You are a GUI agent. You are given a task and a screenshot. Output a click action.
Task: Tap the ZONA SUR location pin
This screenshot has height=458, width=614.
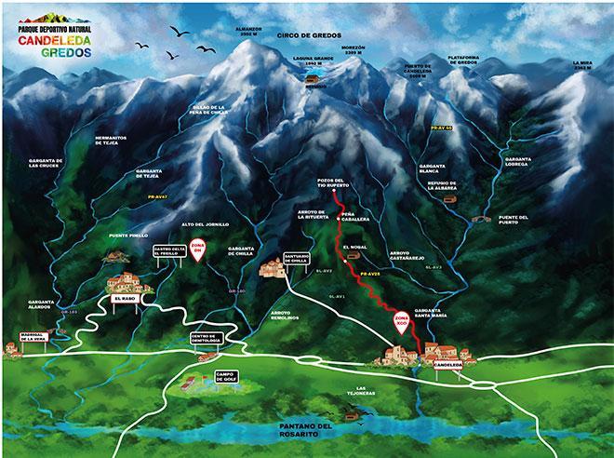[402, 321]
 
